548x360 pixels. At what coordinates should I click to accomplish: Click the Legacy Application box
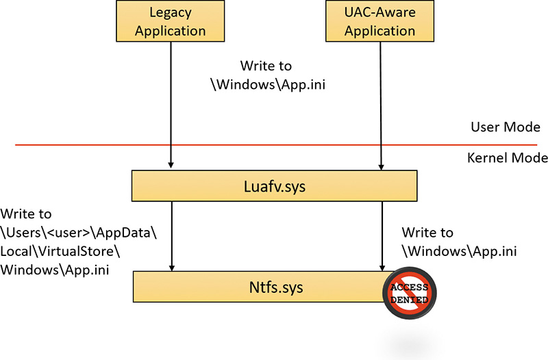171,21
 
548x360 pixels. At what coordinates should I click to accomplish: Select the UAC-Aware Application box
380,21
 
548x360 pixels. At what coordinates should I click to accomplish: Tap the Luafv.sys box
275,185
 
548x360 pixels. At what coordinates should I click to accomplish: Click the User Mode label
506,127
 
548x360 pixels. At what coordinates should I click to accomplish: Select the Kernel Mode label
507,158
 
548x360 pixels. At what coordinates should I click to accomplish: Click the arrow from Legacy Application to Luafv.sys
171,103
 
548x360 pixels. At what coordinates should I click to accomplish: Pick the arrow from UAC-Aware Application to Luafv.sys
380,103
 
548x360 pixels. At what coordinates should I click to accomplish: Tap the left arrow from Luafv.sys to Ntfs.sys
171,236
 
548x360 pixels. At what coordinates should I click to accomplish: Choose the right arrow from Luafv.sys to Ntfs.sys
380,236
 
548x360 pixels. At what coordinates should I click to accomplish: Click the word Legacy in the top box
171,13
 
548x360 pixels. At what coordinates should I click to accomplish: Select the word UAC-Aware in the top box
380,13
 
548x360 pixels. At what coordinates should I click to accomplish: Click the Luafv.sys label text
275,185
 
